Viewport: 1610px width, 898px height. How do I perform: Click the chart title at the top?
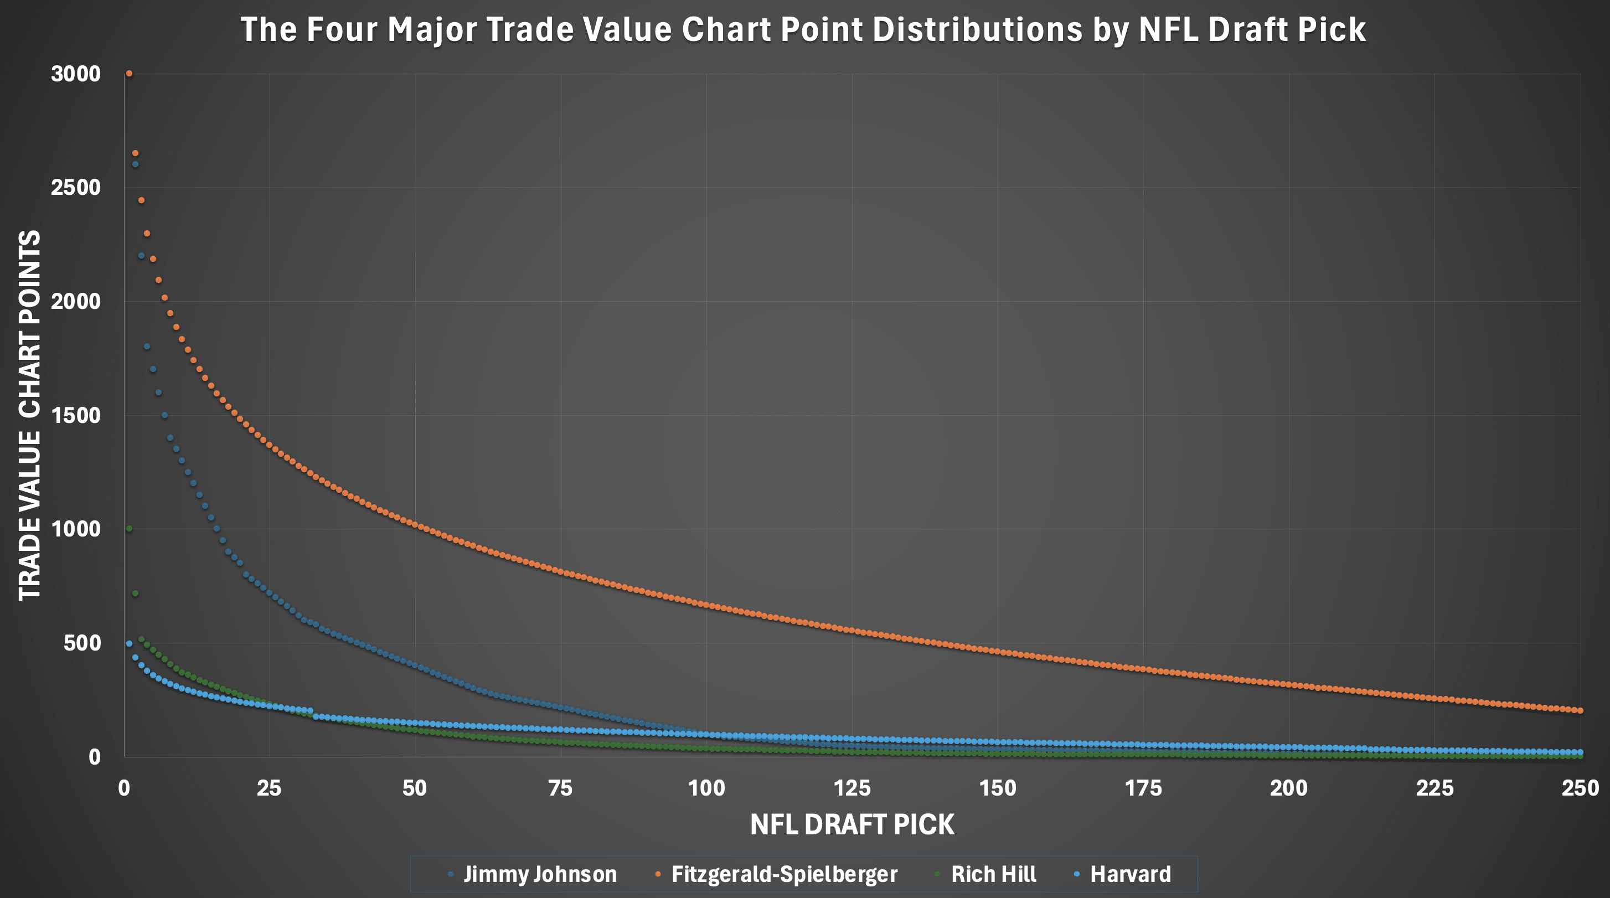coord(803,29)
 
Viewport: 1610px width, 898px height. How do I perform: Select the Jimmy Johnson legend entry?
coord(539,874)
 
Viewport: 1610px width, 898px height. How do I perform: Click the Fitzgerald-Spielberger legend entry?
coord(784,874)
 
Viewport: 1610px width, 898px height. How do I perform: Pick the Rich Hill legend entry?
coord(993,874)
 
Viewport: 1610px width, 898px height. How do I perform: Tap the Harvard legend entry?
coord(1130,874)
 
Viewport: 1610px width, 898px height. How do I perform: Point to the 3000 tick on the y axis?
coord(76,74)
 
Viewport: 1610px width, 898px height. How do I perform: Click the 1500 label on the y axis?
coord(76,416)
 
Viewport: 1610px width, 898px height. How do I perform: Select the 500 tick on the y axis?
coord(81,643)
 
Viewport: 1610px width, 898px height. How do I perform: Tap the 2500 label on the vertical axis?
coord(76,188)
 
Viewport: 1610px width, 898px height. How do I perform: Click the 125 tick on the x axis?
coord(852,788)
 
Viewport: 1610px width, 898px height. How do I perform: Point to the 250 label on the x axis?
coord(1580,788)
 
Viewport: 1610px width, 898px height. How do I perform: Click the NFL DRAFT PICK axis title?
coord(852,825)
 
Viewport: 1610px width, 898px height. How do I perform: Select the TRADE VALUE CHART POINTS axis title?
coord(29,416)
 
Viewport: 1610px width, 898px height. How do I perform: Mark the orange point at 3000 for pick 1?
coord(130,74)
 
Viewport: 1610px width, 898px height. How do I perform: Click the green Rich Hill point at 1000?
coord(130,529)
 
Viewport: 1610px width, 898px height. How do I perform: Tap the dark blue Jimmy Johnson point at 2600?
coord(135,164)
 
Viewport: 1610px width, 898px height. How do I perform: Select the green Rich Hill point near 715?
coord(135,593)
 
